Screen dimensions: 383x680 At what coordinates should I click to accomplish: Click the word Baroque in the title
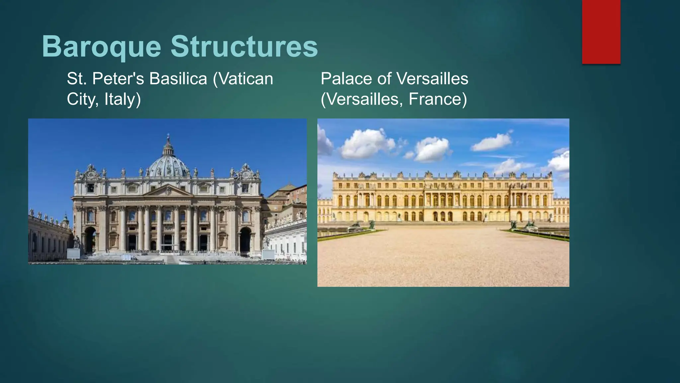[101, 47]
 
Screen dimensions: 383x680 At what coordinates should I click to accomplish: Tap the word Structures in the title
[244, 47]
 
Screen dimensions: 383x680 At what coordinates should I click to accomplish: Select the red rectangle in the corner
[601, 32]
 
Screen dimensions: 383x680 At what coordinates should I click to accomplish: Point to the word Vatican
[246, 79]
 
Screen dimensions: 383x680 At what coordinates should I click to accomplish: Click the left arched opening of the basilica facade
[90, 239]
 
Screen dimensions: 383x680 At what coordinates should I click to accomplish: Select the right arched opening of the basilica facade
[245, 239]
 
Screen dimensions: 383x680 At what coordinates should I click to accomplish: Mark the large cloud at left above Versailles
[367, 143]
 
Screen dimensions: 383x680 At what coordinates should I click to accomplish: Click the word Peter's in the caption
[118, 79]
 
